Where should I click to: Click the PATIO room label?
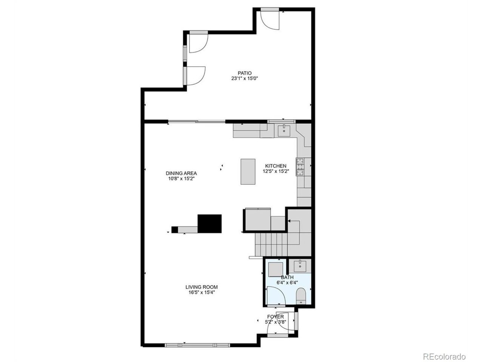click(x=245, y=73)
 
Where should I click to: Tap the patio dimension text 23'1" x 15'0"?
click(x=245, y=79)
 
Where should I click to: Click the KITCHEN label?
click(x=276, y=166)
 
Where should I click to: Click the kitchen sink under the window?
click(x=283, y=131)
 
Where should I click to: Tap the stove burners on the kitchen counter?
click(x=300, y=167)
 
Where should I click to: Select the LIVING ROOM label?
click(x=202, y=287)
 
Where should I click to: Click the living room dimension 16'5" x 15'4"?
click(x=202, y=292)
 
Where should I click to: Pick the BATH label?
click(x=287, y=277)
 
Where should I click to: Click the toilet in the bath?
click(x=301, y=296)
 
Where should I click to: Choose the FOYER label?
click(x=275, y=317)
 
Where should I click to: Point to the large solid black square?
click(x=209, y=224)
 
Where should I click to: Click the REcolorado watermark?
click(x=444, y=356)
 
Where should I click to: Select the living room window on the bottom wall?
click(x=197, y=345)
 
